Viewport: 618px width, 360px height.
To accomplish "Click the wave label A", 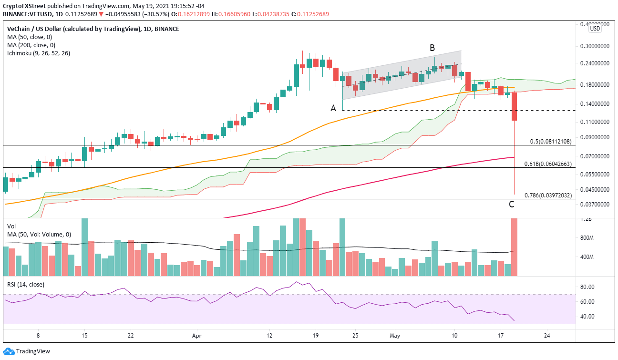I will (334, 108).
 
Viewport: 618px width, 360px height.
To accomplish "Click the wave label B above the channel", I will (432, 48).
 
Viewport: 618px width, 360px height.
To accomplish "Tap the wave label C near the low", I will (511, 205).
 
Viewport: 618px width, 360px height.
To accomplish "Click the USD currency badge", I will (595, 29).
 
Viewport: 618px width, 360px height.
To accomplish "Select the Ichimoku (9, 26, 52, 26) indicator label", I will (39, 53).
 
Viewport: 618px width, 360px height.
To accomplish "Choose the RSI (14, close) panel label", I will (26, 285).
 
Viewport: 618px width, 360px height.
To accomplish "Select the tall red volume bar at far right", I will (515, 247).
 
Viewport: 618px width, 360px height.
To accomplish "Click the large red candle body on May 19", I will (515, 106).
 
